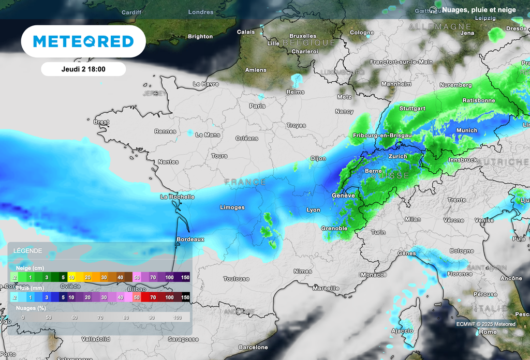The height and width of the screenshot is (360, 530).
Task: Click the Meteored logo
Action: tap(83, 41)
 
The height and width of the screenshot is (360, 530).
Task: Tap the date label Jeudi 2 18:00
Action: tap(83, 69)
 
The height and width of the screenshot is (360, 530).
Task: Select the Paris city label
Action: tap(257, 106)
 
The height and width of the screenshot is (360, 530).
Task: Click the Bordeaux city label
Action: tap(190, 239)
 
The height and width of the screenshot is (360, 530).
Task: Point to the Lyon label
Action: tap(313, 210)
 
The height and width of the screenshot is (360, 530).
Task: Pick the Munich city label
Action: tap(467, 130)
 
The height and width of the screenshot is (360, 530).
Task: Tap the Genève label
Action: tap(343, 196)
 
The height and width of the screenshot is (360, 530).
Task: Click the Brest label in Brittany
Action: tap(101, 122)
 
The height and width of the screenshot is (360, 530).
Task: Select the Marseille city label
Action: tap(326, 288)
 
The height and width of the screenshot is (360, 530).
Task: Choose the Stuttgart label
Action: tap(413, 109)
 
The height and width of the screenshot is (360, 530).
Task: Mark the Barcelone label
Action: tap(253, 347)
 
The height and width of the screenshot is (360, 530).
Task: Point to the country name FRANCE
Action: tap(245, 182)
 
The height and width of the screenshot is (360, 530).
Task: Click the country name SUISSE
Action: tap(391, 176)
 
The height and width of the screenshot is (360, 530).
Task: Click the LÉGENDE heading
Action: tap(28, 250)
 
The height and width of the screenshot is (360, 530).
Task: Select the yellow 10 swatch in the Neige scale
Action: tap(72, 277)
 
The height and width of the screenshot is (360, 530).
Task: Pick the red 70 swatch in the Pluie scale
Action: tap(153, 297)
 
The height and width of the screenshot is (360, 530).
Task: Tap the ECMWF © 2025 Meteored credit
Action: tap(485, 324)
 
